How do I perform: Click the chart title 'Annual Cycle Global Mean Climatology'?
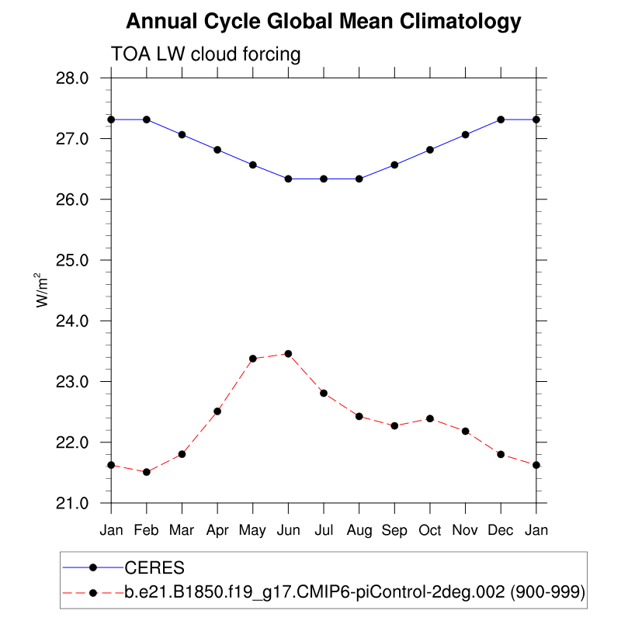click(x=323, y=21)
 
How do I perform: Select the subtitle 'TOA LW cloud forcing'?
click(x=206, y=54)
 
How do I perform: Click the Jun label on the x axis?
click(x=288, y=531)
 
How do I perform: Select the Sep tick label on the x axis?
click(x=394, y=531)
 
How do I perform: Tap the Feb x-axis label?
click(x=146, y=531)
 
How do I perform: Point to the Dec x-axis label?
click(x=501, y=531)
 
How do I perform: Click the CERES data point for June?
click(x=288, y=179)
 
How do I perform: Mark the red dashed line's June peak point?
click(x=288, y=354)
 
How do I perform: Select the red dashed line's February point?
click(x=146, y=472)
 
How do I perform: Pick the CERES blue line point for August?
click(x=359, y=179)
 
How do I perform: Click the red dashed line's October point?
click(x=430, y=418)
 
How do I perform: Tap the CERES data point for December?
click(x=501, y=120)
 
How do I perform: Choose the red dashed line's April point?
click(x=217, y=411)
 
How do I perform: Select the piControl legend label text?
click(x=354, y=594)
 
